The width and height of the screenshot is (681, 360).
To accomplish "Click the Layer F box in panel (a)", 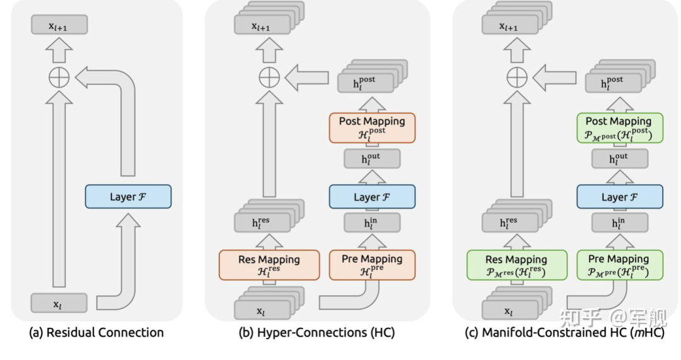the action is pos(128,196).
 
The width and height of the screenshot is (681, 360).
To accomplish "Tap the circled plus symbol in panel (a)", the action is pos(59,78).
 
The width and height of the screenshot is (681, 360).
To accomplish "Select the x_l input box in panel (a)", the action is pos(59,303).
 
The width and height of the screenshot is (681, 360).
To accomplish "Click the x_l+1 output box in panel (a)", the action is pos(59,25).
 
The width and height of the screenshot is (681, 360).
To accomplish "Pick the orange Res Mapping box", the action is pos(269,265).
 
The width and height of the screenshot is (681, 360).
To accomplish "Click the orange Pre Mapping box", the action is pos(372,265).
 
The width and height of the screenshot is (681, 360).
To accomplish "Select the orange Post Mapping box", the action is pos(372,128).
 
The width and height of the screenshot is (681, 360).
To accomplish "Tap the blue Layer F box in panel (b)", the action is pos(372,196).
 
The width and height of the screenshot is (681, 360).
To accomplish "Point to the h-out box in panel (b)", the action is pos(372,159).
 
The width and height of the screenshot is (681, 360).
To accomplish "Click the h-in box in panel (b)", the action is pos(372,223).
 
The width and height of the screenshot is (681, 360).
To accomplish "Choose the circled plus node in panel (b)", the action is pos(269,78).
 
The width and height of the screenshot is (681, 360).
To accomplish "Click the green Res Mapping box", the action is pos(517,265).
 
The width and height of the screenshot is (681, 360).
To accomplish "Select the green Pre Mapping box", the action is pos(620,265).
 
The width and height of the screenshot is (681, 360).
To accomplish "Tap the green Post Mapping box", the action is pos(620,128).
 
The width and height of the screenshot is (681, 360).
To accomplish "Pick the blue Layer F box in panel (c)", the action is pos(620,196).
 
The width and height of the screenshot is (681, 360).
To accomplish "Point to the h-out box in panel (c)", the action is pos(620,159).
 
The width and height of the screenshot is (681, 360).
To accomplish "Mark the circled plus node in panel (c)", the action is pos(517,78).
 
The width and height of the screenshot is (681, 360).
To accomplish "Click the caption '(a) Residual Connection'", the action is pos(96,333).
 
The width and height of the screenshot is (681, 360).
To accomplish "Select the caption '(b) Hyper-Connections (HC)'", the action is pos(317,333).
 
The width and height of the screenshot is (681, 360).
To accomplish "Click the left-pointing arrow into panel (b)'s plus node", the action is pos(306,78).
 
